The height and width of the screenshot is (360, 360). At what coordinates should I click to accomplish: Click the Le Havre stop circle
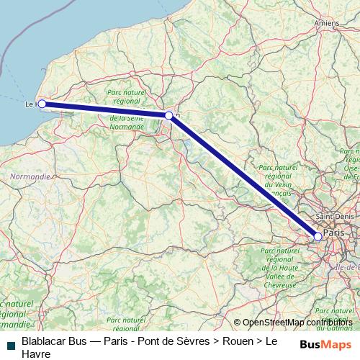tap(42, 104)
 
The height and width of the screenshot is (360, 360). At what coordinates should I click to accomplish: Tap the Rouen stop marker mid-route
tap(169, 115)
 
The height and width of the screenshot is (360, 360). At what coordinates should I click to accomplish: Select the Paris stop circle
tap(318, 236)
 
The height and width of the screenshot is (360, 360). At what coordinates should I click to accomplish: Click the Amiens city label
tap(327, 23)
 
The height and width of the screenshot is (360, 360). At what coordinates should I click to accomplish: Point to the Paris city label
tap(333, 233)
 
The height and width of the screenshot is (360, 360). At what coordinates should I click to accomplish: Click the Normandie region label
tap(30, 176)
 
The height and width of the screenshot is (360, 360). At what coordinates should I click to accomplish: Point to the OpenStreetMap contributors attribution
tap(296, 323)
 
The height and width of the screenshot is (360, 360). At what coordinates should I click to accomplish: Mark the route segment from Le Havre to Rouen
tap(105, 109)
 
